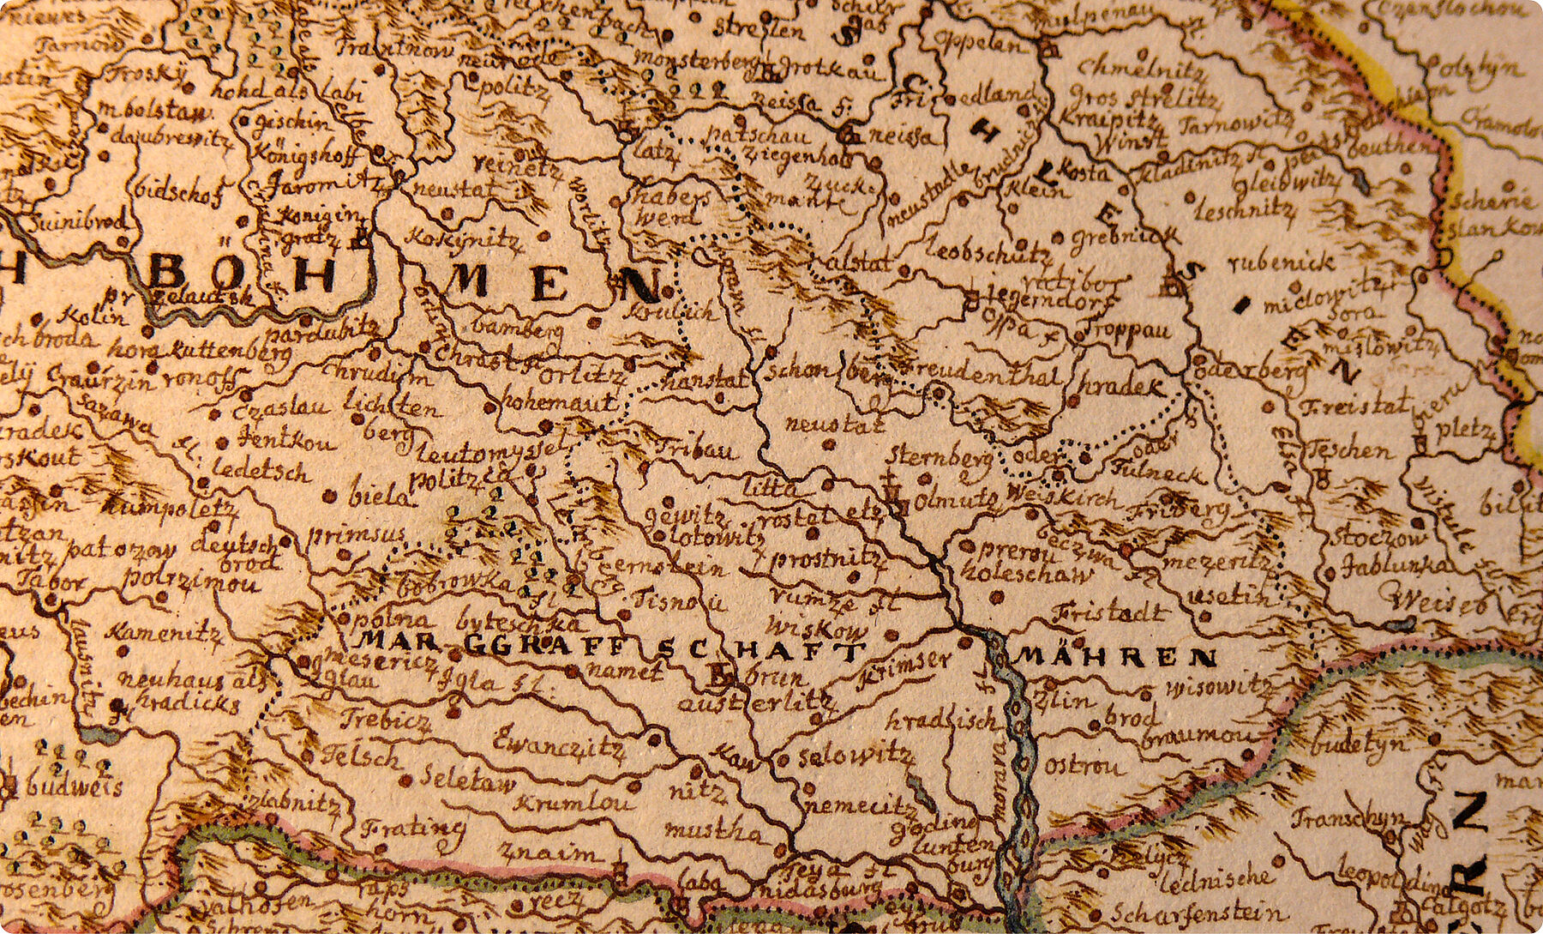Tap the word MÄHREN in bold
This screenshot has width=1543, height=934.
[1116, 659]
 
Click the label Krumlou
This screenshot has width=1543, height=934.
[577, 804]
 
